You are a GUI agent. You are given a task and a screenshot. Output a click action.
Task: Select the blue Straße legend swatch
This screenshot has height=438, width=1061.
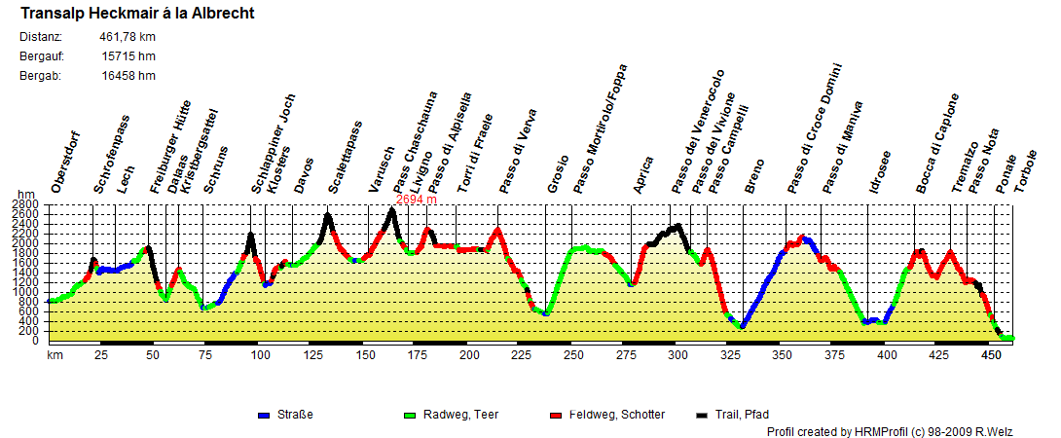pyautogui.click(x=264, y=415)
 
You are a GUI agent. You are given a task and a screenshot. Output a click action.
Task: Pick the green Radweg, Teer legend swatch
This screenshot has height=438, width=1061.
pyautogui.click(x=410, y=415)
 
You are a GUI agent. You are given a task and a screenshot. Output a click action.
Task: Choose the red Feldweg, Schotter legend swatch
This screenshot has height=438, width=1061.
pyautogui.click(x=557, y=415)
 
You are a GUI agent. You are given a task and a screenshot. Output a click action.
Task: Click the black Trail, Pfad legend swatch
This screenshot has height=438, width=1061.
pyautogui.click(x=703, y=415)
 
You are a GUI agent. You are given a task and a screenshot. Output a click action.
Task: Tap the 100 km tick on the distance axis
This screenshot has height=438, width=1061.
pyautogui.click(x=260, y=355)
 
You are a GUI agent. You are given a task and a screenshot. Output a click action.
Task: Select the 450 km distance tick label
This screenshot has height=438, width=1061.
pyautogui.click(x=992, y=355)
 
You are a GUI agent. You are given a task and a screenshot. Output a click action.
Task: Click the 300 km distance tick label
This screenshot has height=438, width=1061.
pyautogui.click(x=678, y=355)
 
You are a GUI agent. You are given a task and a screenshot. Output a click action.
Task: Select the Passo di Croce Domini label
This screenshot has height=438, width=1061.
pyautogui.click(x=817, y=129)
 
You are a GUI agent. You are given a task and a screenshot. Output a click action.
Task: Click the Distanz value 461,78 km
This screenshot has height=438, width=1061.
pyautogui.click(x=127, y=37)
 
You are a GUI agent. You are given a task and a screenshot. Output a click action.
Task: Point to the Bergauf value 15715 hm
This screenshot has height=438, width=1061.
pyautogui.click(x=128, y=56)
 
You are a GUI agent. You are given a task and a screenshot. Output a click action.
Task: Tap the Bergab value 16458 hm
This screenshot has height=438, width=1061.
pyautogui.click(x=128, y=76)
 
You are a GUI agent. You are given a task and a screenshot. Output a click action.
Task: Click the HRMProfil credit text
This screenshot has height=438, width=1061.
pyautogui.click(x=904, y=430)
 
